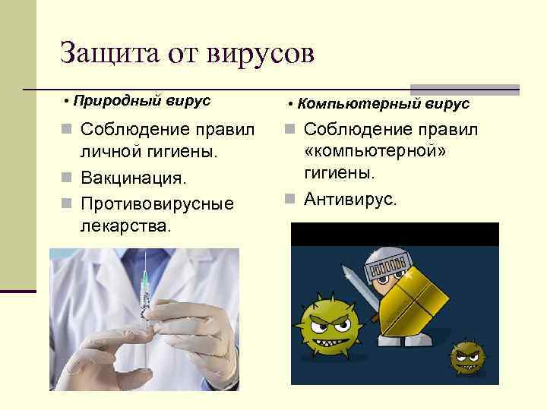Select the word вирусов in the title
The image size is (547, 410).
tap(256, 55)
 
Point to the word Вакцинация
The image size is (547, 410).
tap(133, 179)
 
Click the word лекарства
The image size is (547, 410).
tap(125, 226)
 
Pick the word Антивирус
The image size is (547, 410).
tap(350, 200)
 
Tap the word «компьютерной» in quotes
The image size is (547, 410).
tap(375, 151)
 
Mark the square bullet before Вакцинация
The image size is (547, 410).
tap(66, 179)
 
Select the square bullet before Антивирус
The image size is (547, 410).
tap(292, 200)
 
